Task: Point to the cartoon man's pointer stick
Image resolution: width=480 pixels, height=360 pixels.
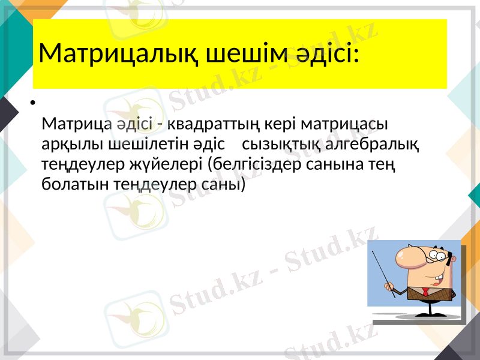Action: (x=383, y=274)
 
